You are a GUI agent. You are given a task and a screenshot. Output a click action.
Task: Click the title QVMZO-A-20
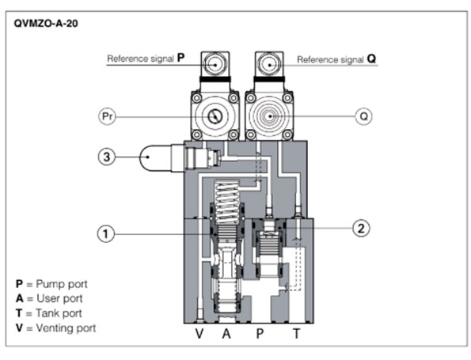click(x=46, y=24)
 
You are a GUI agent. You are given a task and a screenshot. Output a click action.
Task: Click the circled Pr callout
click(x=107, y=116)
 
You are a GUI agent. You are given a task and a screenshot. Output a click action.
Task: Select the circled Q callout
click(x=363, y=116)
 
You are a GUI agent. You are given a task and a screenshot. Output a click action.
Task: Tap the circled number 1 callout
click(x=106, y=234)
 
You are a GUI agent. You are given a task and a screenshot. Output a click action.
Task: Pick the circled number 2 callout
click(x=361, y=228)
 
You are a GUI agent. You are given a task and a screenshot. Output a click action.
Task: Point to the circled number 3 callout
click(x=107, y=157)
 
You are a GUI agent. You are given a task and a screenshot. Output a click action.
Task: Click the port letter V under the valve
click(x=199, y=334)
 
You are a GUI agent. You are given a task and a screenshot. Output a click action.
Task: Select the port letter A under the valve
click(x=226, y=334)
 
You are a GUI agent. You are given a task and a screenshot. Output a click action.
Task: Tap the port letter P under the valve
click(x=260, y=334)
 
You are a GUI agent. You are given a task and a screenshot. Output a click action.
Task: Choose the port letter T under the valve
click(x=297, y=334)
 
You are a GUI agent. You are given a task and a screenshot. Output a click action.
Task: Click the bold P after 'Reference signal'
click(x=180, y=57)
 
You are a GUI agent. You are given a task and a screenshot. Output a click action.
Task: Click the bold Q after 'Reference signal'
click(x=371, y=59)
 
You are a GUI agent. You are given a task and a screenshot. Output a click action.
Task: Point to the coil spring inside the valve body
click(x=226, y=203)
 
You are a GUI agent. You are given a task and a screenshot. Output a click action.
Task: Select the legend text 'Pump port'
click(x=62, y=284)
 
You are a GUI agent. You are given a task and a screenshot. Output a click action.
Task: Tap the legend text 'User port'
click(x=59, y=298)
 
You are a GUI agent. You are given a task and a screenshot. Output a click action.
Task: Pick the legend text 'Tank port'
click(x=59, y=313)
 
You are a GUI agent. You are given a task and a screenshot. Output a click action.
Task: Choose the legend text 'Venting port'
click(x=66, y=328)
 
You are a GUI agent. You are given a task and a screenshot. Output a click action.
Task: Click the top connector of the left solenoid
click(x=215, y=64)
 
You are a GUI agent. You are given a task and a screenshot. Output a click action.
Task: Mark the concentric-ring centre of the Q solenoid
click(x=270, y=116)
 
